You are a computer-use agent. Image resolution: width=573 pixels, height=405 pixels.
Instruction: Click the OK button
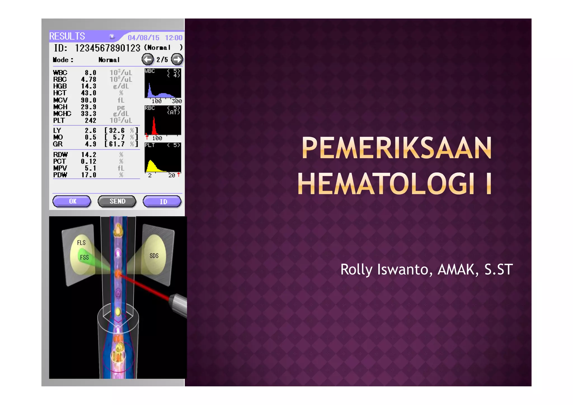72,201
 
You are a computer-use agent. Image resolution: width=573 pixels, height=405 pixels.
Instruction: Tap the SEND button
117,201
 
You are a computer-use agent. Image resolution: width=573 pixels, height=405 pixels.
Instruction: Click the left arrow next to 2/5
147,59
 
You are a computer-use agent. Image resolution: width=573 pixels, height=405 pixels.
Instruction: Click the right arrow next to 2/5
177,59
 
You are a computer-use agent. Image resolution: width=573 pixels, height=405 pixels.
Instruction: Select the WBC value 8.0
90,73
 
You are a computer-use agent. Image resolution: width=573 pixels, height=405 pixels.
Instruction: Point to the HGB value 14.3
89,86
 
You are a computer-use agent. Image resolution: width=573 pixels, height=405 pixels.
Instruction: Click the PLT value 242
90,121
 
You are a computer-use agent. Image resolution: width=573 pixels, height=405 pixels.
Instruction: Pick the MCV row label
60,100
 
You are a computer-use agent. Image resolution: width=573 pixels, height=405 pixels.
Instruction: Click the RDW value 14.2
89,155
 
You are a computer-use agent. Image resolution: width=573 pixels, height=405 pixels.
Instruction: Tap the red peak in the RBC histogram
154,127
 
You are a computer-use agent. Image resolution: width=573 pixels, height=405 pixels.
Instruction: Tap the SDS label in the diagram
154,256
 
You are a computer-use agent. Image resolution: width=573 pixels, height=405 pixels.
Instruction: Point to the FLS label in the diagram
81,243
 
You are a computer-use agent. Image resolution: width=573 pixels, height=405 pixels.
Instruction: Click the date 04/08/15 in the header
144,38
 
